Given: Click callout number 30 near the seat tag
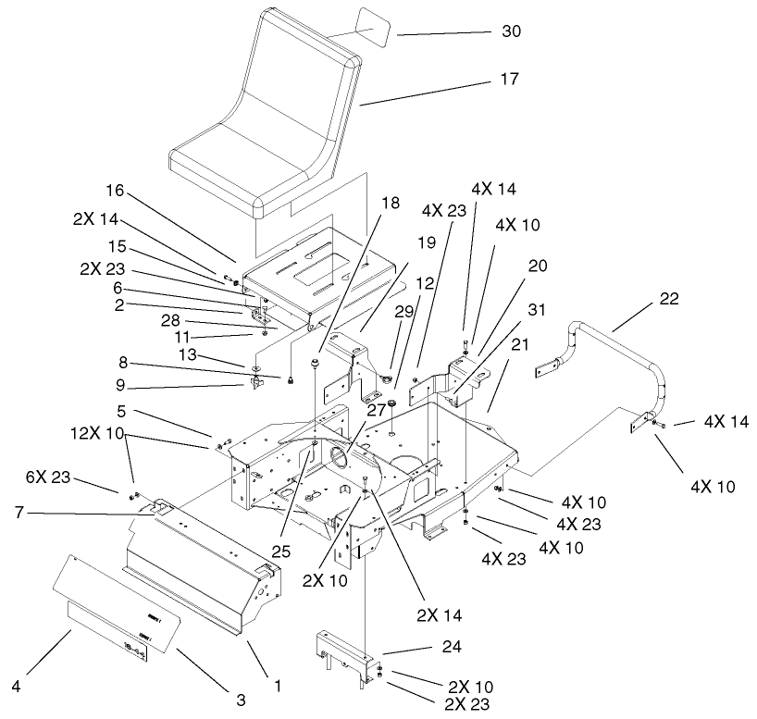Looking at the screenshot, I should pos(511,32).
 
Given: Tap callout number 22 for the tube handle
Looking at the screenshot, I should pos(668,299).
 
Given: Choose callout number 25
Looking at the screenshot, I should pos(281,552).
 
